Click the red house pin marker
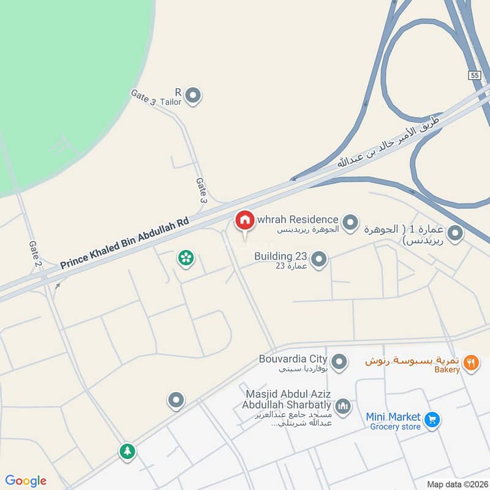[x=244, y=220]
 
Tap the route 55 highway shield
[x=475, y=75]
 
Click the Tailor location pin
[x=194, y=96]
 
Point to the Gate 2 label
[x=35, y=255]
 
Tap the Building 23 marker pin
[x=318, y=260]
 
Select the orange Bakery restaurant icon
[x=470, y=362]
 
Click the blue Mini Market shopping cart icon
[x=432, y=420]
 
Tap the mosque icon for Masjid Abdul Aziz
[x=343, y=405]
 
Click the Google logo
[x=26, y=481]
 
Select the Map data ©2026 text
[x=456, y=484]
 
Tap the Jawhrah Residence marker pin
[x=350, y=222]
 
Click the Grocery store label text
[x=395, y=426]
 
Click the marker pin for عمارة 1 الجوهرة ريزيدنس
[x=454, y=233]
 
